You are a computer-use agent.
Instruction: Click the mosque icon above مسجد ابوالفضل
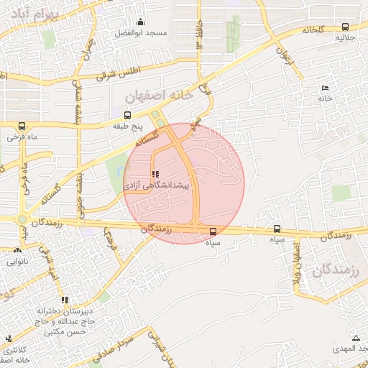[140, 22]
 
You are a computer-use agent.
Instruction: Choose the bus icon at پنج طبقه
[128, 114]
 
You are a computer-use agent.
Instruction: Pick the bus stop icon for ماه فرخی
[22, 124]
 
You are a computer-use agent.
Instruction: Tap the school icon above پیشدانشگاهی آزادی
[155, 174]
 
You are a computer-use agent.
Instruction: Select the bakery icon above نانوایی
[17, 251]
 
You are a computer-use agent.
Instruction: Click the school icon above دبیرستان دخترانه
[65, 300]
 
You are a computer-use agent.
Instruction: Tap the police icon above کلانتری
[9, 339]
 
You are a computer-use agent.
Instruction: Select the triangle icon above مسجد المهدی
[355, 338]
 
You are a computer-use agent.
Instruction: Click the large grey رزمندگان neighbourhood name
[336, 271]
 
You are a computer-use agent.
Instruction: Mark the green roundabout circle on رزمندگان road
[22, 220]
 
